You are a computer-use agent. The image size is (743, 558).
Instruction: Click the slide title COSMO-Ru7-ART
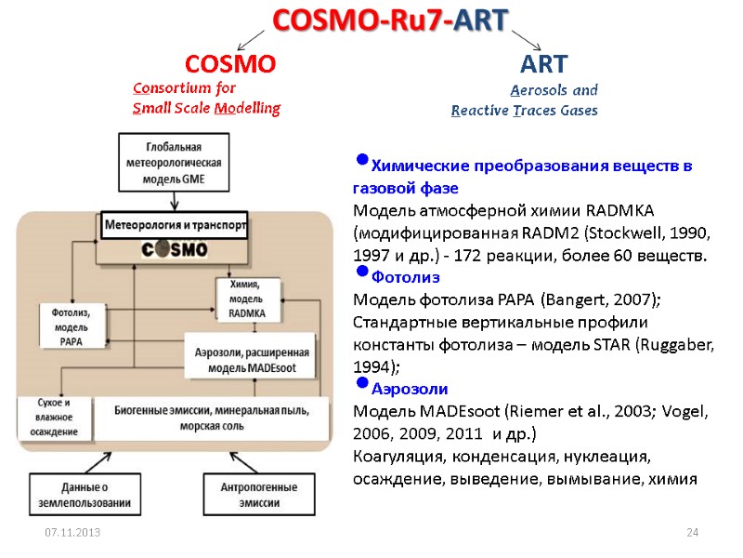(x=390, y=20)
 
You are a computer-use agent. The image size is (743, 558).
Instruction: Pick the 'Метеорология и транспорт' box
(x=175, y=226)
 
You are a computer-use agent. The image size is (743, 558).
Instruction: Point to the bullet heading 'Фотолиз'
(x=405, y=277)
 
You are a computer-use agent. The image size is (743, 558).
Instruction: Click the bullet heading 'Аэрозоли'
(x=409, y=389)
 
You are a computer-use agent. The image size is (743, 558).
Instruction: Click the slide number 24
(x=691, y=532)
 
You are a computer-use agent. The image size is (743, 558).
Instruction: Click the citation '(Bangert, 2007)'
(x=602, y=299)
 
